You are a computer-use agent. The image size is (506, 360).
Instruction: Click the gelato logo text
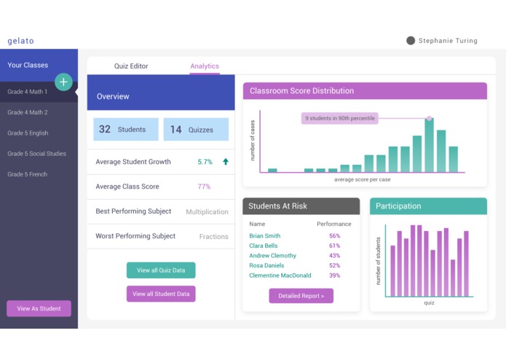[x=20, y=41]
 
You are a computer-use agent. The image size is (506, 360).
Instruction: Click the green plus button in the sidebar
[x=63, y=82]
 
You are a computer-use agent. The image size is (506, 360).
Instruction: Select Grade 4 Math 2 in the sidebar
[x=28, y=112]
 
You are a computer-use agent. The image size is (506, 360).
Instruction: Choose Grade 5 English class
[x=28, y=133]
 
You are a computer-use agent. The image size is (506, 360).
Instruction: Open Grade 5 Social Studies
[x=36, y=154]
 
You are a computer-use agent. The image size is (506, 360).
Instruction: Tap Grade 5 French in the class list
[x=28, y=174]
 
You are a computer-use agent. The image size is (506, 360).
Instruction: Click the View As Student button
[x=39, y=308]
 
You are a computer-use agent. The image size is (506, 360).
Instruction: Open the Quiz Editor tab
[x=131, y=66]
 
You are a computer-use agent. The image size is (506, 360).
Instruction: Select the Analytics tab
[x=205, y=66]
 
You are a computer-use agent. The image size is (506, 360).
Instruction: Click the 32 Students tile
[x=125, y=130]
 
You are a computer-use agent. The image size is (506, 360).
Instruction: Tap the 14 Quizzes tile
[x=195, y=130]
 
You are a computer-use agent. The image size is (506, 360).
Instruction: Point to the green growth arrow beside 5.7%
[x=226, y=162]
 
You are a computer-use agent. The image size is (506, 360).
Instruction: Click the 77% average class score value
[x=204, y=187]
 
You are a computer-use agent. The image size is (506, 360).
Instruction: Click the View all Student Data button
[x=161, y=294]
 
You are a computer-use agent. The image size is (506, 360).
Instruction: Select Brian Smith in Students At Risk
[x=264, y=236]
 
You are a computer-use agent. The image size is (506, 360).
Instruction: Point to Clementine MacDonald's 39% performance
[x=334, y=275]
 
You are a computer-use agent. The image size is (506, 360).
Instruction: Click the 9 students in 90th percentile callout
[x=339, y=118]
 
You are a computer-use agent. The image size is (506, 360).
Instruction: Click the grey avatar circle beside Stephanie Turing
[x=411, y=41]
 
